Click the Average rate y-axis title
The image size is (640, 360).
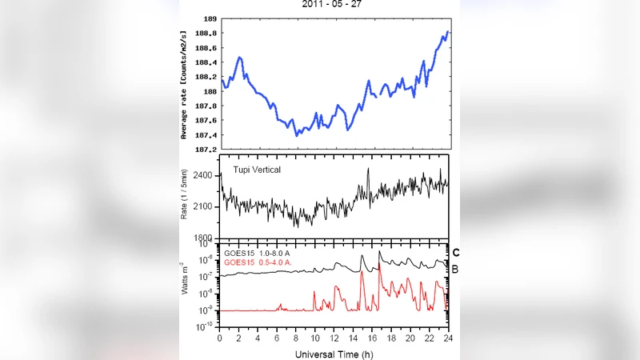tap(185, 84)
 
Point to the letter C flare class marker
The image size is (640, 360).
tap(455, 253)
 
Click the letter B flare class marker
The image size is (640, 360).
tap(455, 270)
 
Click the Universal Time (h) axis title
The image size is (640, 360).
tap(334, 353)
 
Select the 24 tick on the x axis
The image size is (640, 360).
tap(449, 337)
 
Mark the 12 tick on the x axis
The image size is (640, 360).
tap(334, 337)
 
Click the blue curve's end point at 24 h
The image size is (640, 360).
tap(449, 32)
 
